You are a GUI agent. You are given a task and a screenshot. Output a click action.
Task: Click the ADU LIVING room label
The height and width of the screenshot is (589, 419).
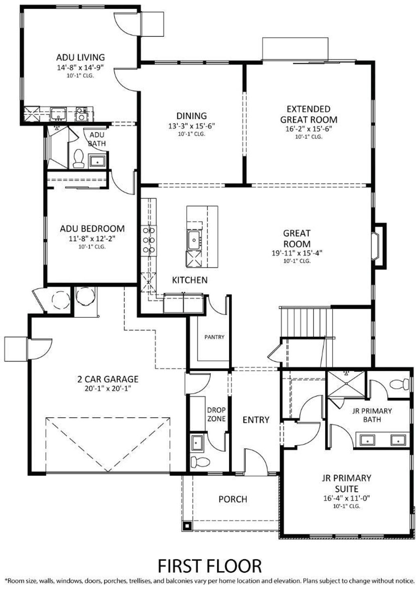click(x=80, y=57)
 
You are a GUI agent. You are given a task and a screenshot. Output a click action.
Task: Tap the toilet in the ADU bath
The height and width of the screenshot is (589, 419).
click(x=78, y=158)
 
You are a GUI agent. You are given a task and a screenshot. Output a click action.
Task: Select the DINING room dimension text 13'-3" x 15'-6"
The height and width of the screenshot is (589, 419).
click(x=192, y=126)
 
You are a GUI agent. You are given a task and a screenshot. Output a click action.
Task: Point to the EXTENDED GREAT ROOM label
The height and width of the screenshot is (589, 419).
click(x=309, y=114)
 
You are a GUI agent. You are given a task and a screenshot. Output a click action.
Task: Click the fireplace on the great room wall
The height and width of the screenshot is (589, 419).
click(x=379, y=246)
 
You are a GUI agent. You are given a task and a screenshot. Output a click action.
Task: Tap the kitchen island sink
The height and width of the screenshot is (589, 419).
click(x=194, y=240)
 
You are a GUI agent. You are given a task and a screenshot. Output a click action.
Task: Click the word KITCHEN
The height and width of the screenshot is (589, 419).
click(x=189, y=280)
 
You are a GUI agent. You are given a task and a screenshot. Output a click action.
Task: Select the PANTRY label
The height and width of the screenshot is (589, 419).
click(x=214, y=337)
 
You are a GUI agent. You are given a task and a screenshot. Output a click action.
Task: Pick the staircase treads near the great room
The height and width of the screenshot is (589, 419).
click(x=306, y=322)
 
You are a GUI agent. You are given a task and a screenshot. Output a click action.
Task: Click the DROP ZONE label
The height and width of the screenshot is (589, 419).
click(x=216, y=414)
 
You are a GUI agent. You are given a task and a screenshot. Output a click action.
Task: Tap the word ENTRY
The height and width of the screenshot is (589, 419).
click(x=256, y=420)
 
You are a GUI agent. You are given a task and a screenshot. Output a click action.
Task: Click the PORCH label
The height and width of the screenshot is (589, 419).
click(x=233, y=499)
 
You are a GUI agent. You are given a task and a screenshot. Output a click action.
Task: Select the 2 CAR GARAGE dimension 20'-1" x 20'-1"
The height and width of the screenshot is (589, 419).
click(x=108, y=388)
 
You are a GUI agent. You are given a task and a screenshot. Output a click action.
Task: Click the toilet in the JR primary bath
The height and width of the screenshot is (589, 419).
click(x=400, y=384)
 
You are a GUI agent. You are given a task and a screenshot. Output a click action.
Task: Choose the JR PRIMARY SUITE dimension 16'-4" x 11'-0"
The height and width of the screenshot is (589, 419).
click(x=347, y=498)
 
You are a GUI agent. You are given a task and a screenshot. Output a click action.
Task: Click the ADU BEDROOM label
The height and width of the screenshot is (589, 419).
click(x=92, y=228)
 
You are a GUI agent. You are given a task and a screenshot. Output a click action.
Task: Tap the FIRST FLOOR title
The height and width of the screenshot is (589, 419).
click(x=209, y=566)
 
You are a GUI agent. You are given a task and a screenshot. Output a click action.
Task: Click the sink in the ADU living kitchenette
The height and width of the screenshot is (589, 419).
click(x=58, y=114)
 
